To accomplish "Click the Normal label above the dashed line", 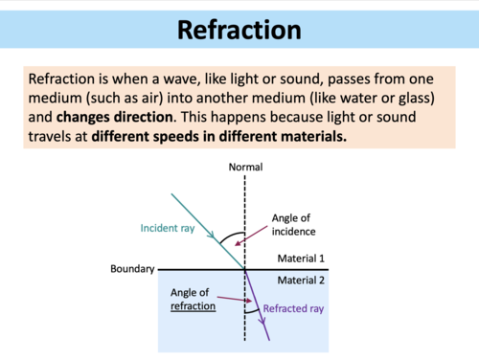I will pos(245,169).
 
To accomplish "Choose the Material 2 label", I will pos(302,281).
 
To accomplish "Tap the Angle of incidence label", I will pos(298,225).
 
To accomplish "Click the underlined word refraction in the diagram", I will pos(193,306).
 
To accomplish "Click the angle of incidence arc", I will pos(230,236).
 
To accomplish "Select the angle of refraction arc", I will pos(251,309).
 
